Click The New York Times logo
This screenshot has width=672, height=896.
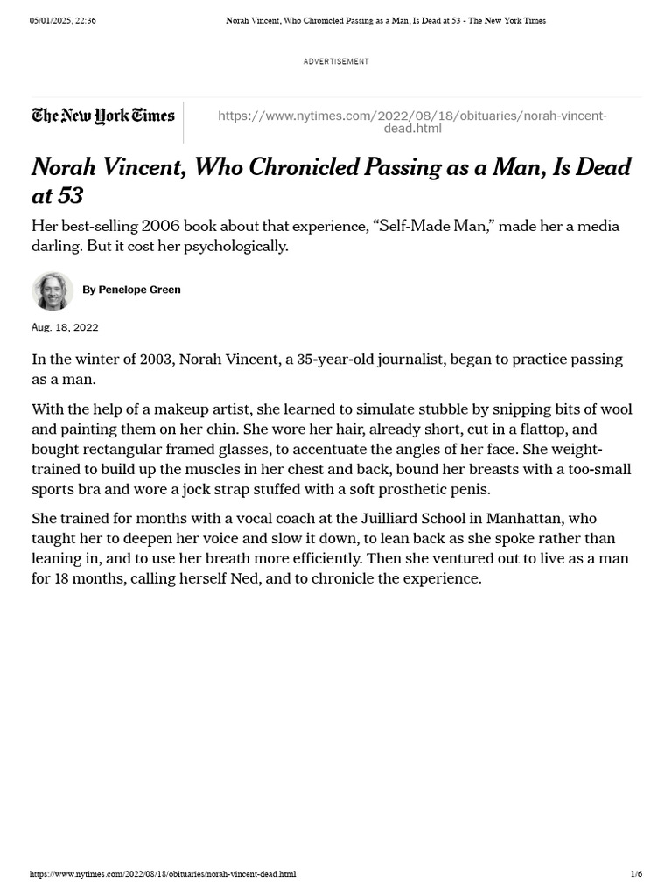[103, 115]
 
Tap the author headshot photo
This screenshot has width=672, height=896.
[52, 290]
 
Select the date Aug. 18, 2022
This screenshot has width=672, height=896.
[65, 327]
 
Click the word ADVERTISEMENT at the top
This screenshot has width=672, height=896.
[336, 61]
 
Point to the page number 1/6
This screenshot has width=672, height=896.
[636, 874]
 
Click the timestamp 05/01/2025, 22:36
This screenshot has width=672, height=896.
[62, 20]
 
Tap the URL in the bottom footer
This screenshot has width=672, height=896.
[162, 874]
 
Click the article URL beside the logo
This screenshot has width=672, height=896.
[412, 122]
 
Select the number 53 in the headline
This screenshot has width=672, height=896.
[69, 194]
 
